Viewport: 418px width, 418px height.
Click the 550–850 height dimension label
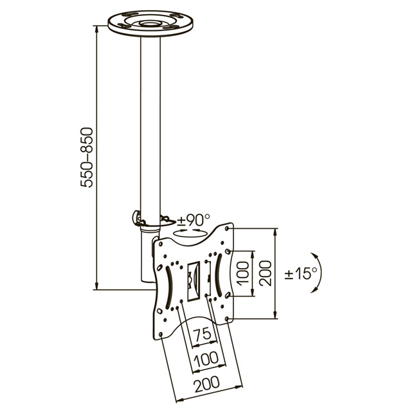pos(87,158)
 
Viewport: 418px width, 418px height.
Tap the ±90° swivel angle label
pos(194,220)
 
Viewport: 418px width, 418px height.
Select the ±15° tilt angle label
pos(301,273)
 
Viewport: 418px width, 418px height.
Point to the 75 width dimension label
pos(202,333)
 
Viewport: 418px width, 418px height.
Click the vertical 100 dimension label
pos(242,273)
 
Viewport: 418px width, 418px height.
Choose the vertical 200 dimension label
pos(265,273)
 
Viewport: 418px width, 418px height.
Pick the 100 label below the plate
pos(206,359)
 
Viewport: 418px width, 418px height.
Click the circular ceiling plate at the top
pos(150,23)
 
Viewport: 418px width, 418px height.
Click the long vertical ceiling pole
pos(150,128)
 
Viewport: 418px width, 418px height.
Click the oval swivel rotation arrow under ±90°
pos(190,233)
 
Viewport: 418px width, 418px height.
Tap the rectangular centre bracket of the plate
pos(194,281)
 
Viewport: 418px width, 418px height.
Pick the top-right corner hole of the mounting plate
pos(227,229)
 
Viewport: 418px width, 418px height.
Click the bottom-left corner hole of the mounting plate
pos(161,334)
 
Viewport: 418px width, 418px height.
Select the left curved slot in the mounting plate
pos(169,288)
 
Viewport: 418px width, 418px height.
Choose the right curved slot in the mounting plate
pos(219,275)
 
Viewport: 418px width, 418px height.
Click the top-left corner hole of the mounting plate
pos(161,244)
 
